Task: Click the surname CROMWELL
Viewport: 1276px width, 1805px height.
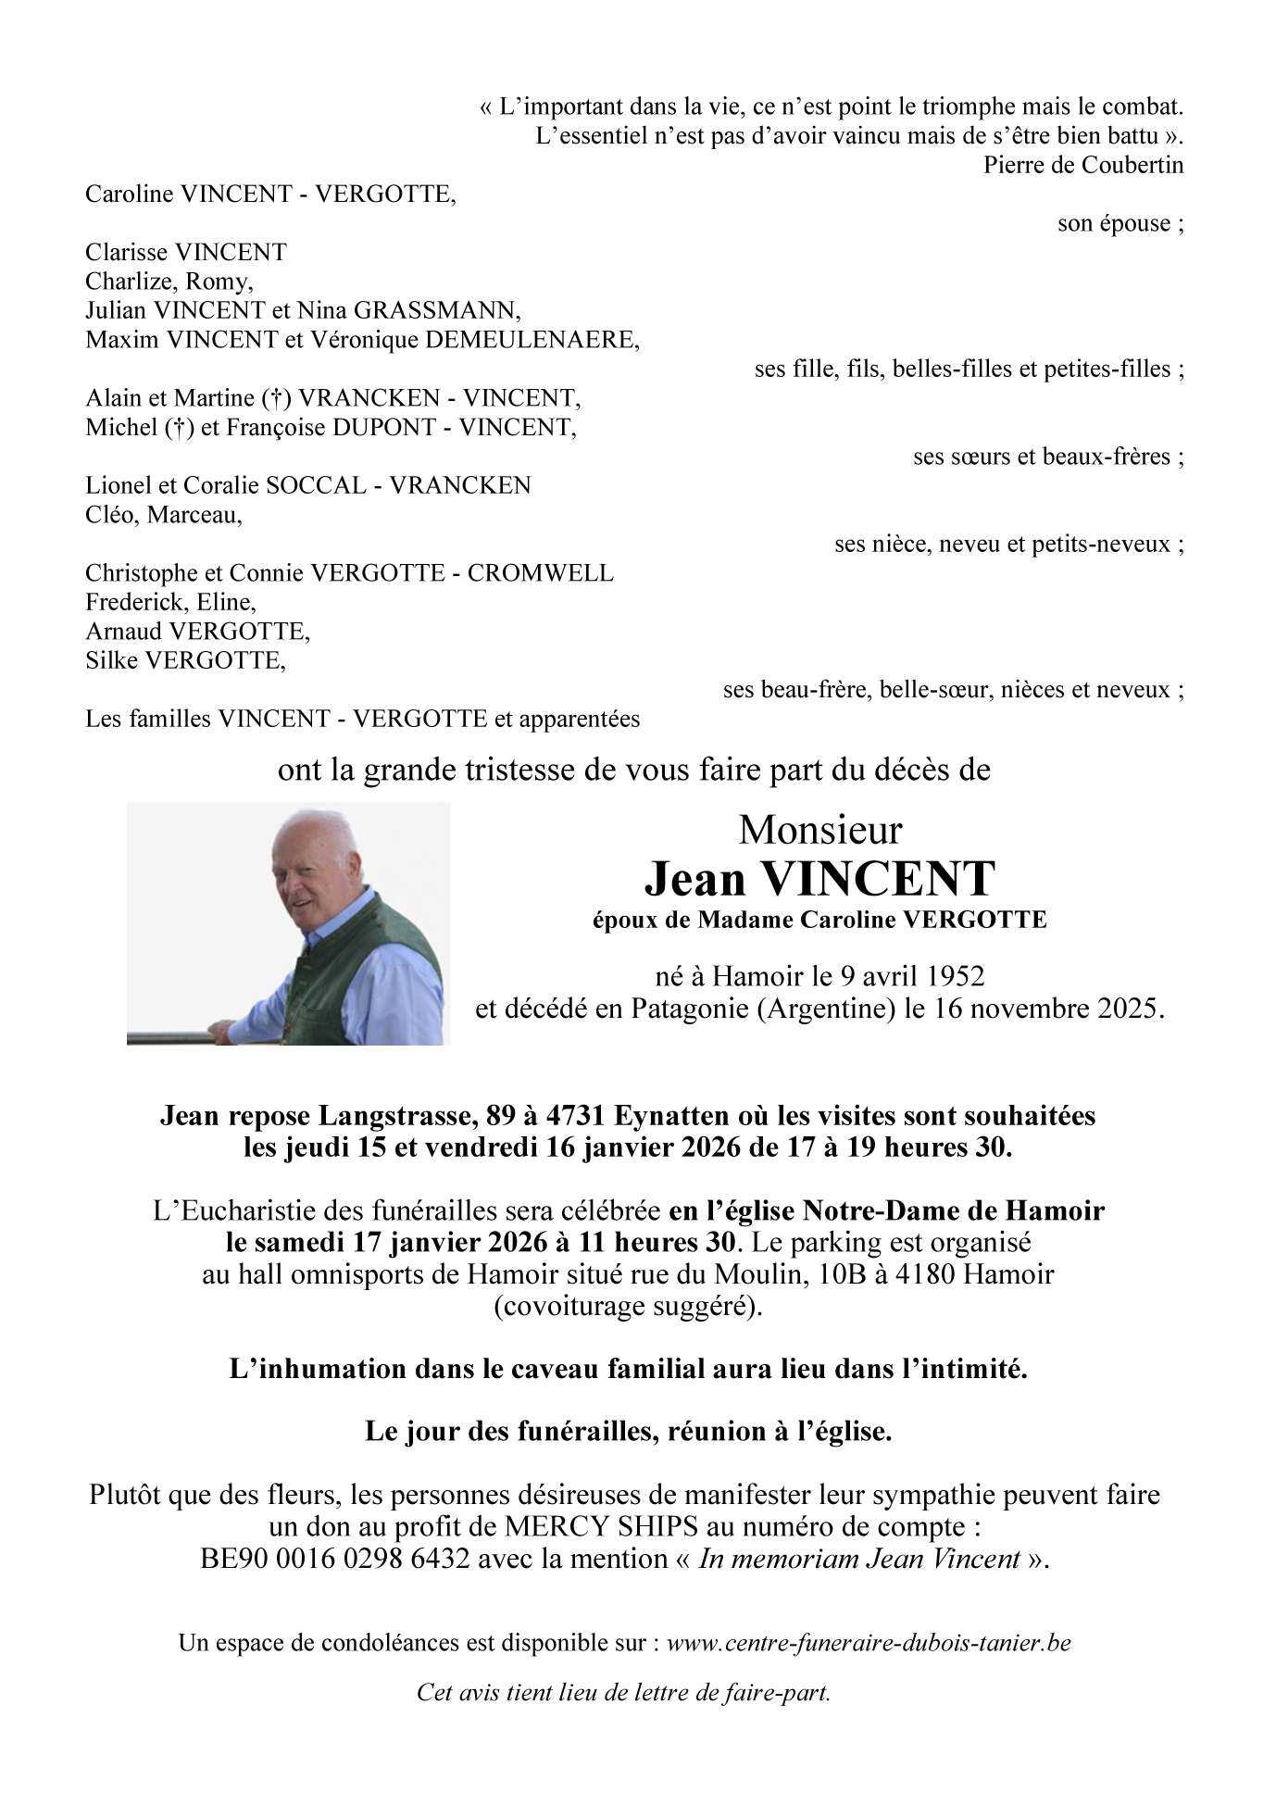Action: point(540,573)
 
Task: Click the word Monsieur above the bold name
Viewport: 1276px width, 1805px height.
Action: point(819,830)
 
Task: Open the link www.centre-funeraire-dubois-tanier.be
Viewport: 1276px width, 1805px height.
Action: point(869,1644)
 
